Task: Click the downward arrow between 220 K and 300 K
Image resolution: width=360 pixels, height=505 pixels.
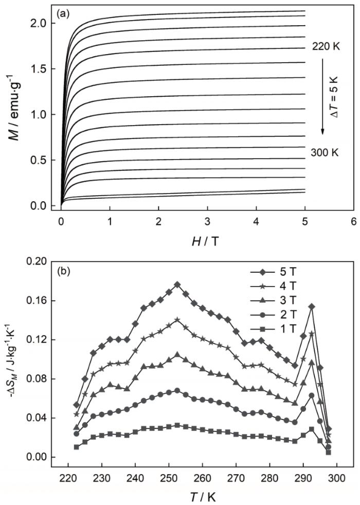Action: click(322, 98)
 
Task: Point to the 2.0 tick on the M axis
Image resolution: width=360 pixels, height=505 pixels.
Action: click(43, 23)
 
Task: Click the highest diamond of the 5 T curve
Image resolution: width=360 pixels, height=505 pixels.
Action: click(177, 284)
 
